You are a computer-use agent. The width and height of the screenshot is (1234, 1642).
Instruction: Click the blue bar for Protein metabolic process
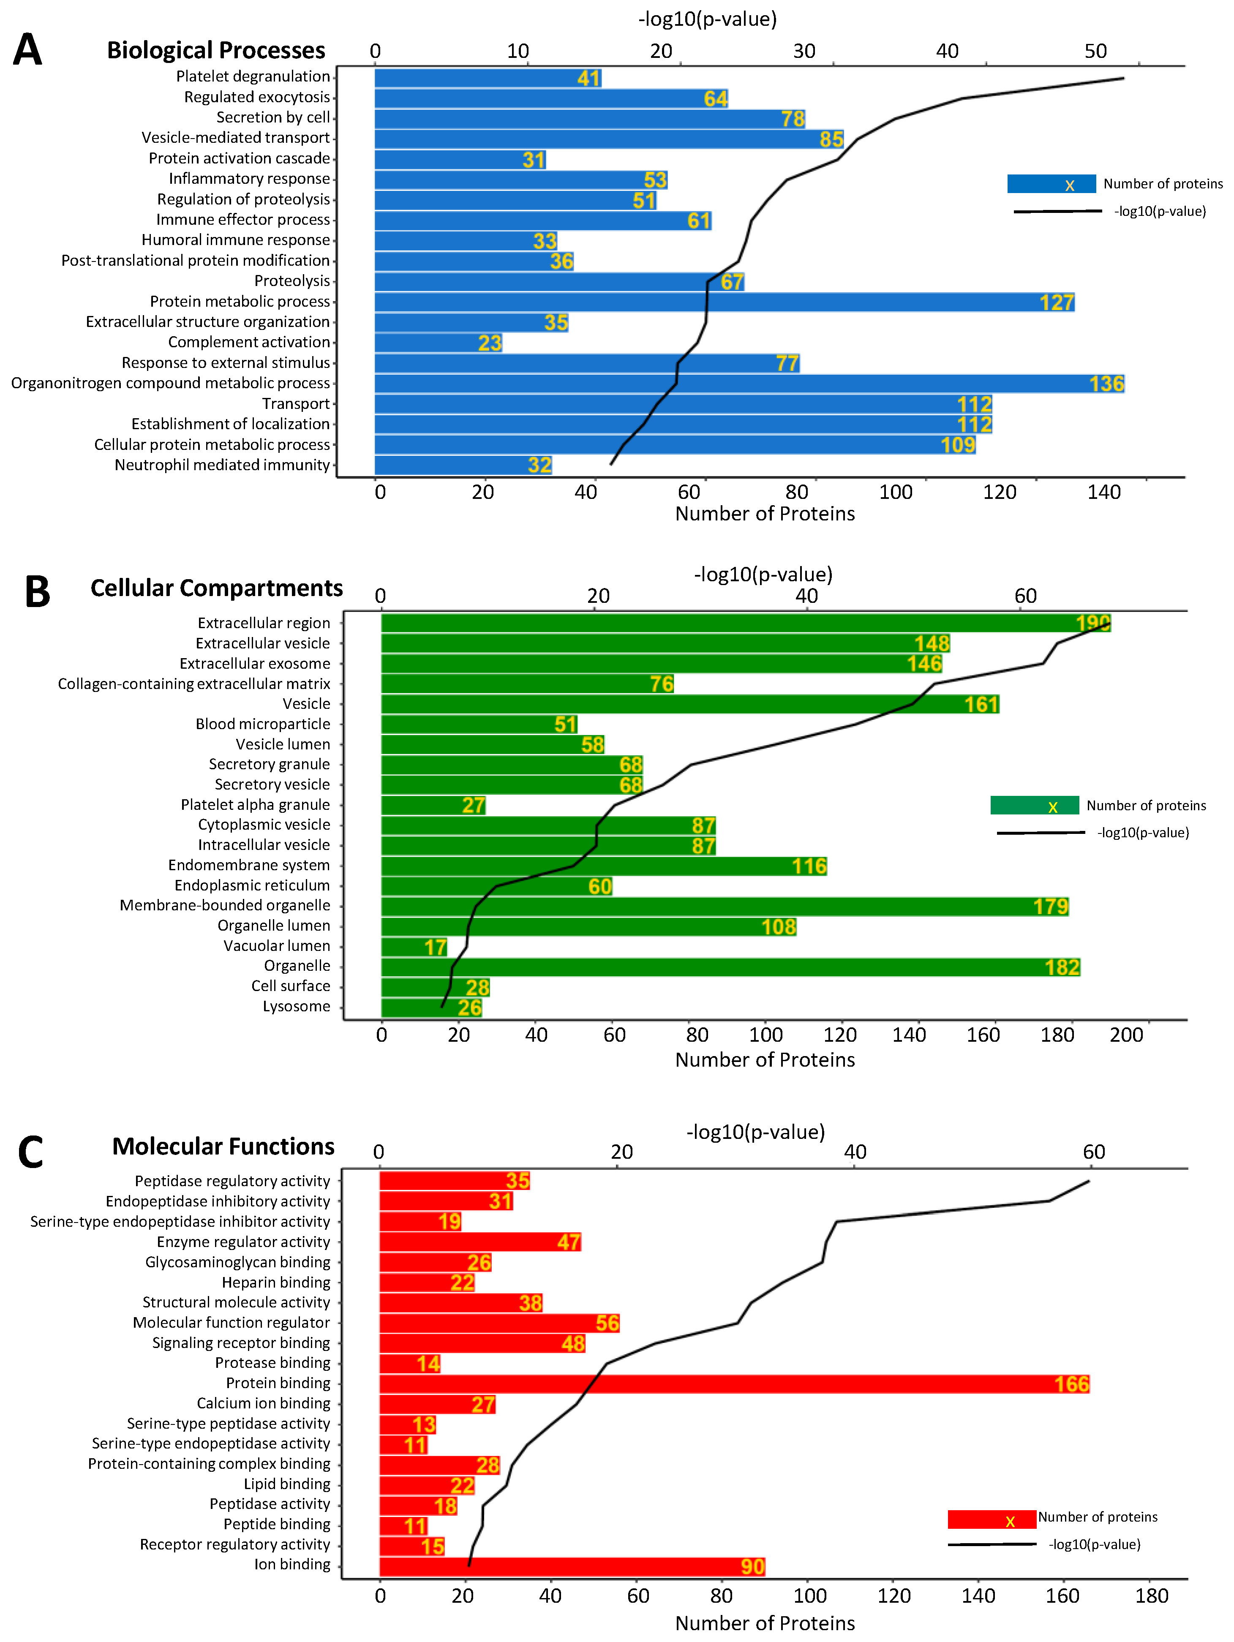pyautogui.click(x=724, y=302)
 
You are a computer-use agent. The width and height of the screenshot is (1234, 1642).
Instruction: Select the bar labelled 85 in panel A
pyautogui.click(x=609, y=139)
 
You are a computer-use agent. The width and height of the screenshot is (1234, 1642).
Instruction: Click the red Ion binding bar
pyautogui.click(x=572, y=1566)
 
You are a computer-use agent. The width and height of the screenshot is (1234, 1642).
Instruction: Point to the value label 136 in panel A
pyautogui.click(x=1106, y=384)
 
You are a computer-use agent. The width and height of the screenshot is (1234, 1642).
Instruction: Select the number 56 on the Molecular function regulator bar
pyautogui.click(x=607, y=1323)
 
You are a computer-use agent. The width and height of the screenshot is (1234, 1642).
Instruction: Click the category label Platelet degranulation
pyautogui.click(x=253, y=76)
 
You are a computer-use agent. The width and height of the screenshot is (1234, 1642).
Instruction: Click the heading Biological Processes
pyautogui.click(x=216, y=50)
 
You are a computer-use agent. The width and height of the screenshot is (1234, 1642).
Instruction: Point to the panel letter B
pyautogui.click(x=37, y=592)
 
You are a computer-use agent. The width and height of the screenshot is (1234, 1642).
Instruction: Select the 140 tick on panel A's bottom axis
pyautogui.click(x=1103, y=492)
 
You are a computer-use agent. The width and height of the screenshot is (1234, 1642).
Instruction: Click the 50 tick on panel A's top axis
pyautogui.click(x=1095, y=51)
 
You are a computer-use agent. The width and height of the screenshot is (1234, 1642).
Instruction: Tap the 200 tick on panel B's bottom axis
pyautogui.click(x=1125, y=1035)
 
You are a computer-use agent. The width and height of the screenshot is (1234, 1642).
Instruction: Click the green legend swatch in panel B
pyautogui.click(x=1034, y=806)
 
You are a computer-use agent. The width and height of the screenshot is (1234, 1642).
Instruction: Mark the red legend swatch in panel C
pyautogui.click(x=991, y=1519)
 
